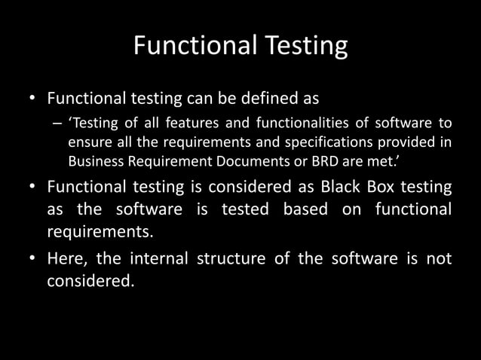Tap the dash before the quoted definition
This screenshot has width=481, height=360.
click(x=57, y=124)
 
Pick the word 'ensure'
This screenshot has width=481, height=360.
click(x=88, y=142)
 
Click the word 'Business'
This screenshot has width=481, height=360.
click(x=93, y=160)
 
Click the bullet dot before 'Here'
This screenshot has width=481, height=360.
click(x=32, y=260)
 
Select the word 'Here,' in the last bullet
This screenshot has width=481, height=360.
click(x=66, y=259)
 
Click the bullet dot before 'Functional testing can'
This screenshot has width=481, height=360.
click(x=32, y=99)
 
